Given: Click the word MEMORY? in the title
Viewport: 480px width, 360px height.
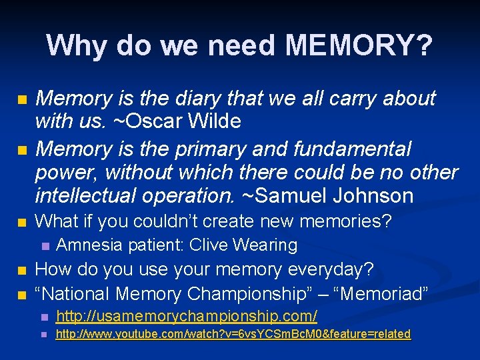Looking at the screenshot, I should click(x=359, y=45).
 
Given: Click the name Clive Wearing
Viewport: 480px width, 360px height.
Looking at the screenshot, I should click(x=243, y=245).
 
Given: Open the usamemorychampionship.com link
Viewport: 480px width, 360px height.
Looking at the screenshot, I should click(x=186, y=315).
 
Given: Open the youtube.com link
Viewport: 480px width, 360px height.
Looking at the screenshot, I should click(x=233, y=334).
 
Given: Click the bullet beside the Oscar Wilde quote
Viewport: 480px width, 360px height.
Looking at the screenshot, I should click(x=23, y=100).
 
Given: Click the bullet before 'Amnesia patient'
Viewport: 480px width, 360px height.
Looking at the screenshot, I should click(x=45, y=246).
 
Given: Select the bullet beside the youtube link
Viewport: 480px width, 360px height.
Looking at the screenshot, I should click(x=45, y=335).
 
